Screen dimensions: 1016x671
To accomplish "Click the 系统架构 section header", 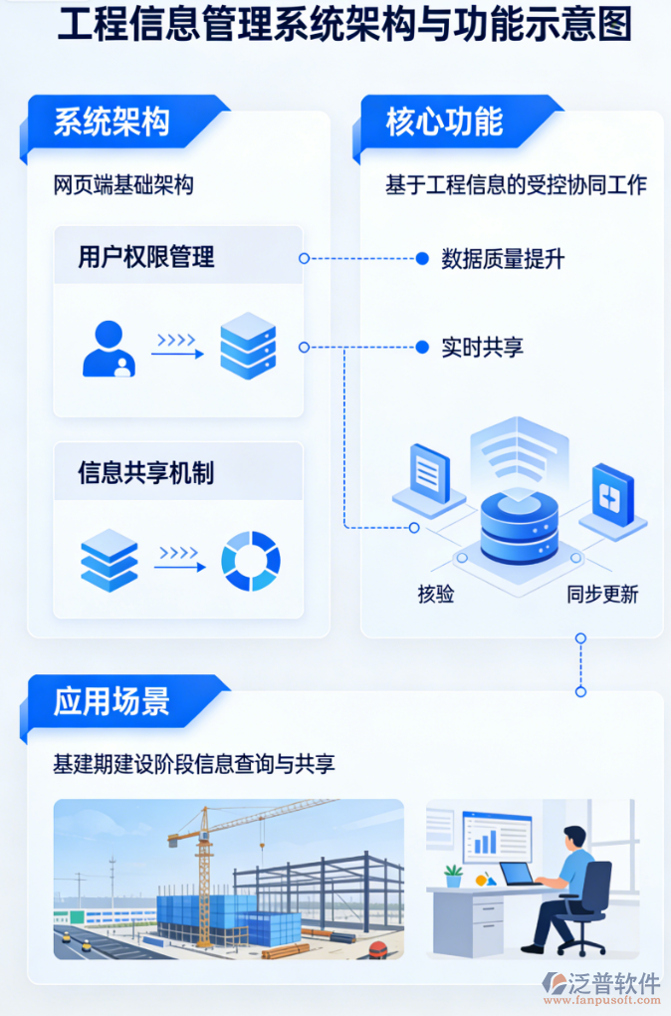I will pos(112,122).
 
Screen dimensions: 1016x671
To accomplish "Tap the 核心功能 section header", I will pos(444,122).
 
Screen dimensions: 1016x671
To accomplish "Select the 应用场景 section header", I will pos(112,701).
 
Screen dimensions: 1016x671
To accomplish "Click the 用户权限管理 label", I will pos(146,258).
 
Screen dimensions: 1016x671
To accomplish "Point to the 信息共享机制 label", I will pos(146,472).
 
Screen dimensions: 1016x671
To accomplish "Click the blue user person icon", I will pos(109,349).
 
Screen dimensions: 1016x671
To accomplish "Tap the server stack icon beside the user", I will pos(247,346).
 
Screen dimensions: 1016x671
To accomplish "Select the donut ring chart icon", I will pos(250,561).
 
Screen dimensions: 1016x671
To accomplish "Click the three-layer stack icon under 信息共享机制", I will pos(109,560).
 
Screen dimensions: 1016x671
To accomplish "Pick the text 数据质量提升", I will pos(503,259).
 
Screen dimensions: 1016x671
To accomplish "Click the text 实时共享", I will pos(482,348).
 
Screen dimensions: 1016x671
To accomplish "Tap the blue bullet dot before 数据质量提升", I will pos(421,259).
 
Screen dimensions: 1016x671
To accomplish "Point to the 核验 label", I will pos(436,595).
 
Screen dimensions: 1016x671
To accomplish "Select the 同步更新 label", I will pos(602,595).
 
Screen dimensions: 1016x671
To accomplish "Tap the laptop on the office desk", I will pos(519,875).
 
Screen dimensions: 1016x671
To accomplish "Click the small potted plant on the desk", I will pos(453,876).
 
